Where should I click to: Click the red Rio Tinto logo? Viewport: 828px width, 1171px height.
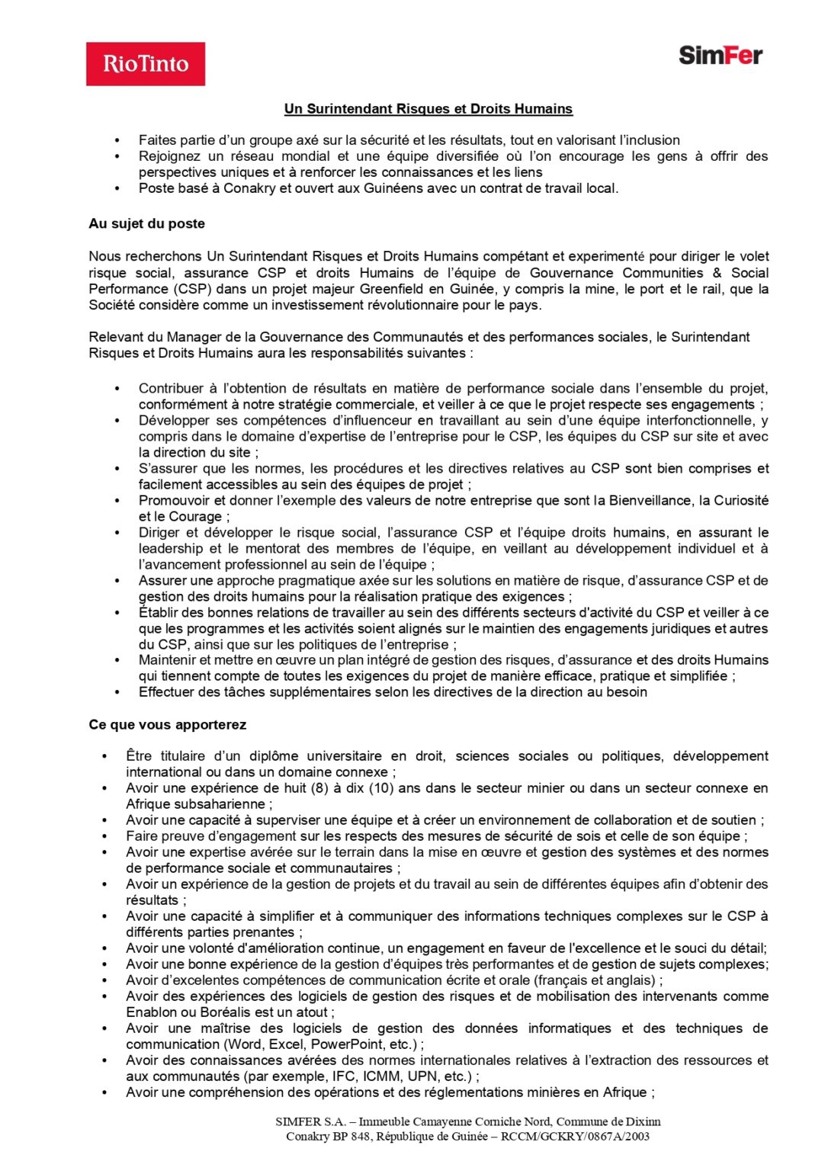point(146,64)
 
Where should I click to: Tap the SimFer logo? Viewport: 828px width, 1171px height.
point(720,56)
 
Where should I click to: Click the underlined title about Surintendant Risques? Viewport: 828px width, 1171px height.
point(428,109)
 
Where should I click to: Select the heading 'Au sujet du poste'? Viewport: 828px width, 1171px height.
point(146,224)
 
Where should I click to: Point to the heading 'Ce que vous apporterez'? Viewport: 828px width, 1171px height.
point(167,725)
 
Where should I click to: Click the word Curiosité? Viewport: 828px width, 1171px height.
point(734,501)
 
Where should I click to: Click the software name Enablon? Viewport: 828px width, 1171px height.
point(151,1012)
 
